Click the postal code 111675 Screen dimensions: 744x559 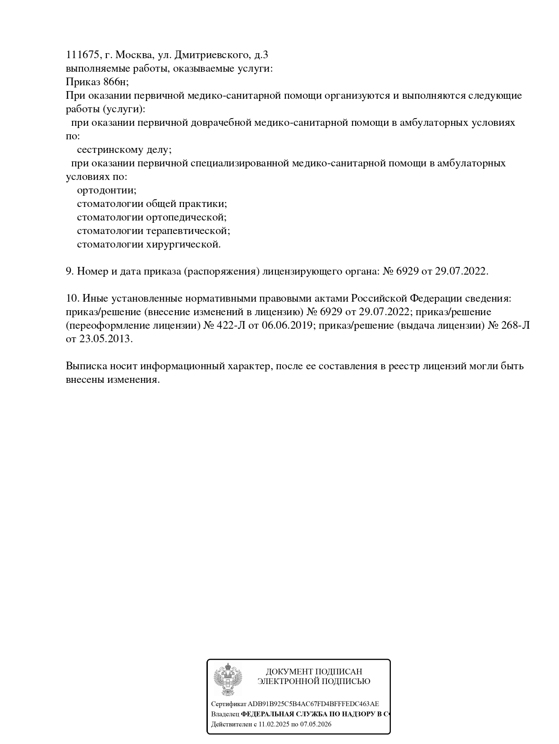click(x=82, y=55)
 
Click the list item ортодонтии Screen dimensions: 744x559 click(x=106, y=190)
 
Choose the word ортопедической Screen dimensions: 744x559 click(x=186, y=217)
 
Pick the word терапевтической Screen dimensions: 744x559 click(x=188, y=231)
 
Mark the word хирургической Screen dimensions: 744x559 click(x=183, y=244)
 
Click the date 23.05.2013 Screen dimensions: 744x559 click(x=106, y=339)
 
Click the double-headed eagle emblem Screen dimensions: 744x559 click(x=227, y=680)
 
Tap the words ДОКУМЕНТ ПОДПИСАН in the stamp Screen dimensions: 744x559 click(x=314, y=672)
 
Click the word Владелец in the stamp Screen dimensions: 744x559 click(x=225, y=714)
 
